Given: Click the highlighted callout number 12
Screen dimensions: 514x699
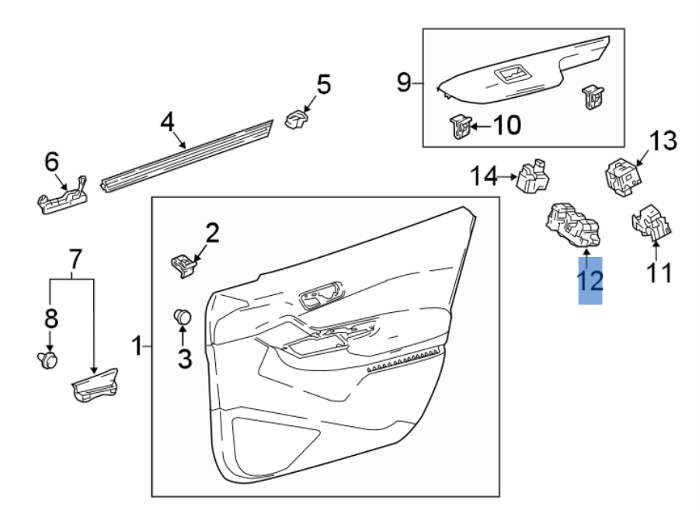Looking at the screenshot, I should point(590,280).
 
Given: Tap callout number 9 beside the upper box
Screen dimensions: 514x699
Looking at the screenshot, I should point(403,82).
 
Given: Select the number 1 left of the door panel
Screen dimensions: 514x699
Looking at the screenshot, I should point(137,346).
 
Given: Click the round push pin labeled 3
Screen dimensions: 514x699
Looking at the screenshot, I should point(183,316).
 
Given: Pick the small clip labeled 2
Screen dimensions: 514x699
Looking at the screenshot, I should point(183,264).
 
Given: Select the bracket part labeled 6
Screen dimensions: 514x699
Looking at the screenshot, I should point(64,196).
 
